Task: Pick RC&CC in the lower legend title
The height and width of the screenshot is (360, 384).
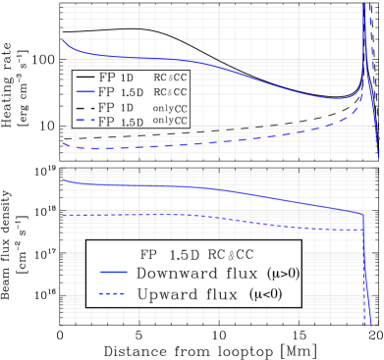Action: click(235, 253)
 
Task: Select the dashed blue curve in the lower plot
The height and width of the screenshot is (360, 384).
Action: click(196, 215)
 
